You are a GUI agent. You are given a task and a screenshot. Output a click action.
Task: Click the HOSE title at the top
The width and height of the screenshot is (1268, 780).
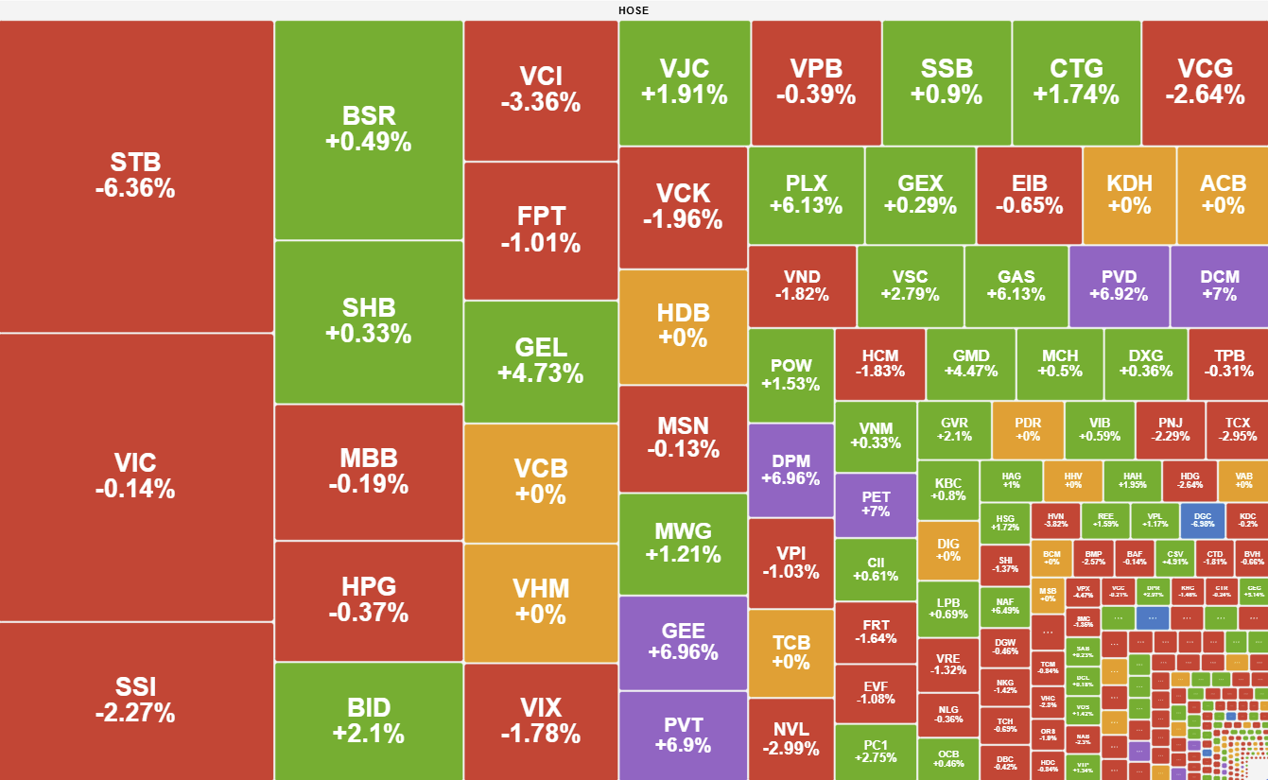(x=634, y=10)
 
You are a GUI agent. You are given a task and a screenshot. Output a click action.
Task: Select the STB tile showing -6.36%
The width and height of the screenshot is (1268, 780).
(x=135, y=176)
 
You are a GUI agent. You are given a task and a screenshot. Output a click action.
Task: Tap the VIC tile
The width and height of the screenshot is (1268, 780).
(x=135, y=476)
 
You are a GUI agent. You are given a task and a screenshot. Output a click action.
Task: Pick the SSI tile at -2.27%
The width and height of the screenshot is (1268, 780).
(x=135, y=700)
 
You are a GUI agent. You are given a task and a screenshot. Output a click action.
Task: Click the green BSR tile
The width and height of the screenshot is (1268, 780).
(x=369, y=130)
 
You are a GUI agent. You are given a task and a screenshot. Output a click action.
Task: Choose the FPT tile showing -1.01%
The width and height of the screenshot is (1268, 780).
(x=541, y=230)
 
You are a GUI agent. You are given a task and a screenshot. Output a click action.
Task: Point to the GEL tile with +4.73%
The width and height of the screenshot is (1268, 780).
(x=541, y=360)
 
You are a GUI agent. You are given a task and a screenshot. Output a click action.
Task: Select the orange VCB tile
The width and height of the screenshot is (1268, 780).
(x=541, y=481)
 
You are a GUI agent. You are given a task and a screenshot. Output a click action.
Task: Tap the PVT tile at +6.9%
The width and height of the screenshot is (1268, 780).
(x=683, y=735)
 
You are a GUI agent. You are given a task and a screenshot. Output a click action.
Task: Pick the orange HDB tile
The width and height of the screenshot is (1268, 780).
(x=683, y=326)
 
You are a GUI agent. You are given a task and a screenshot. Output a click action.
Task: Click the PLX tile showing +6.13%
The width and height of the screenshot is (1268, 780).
(x=806, y=195)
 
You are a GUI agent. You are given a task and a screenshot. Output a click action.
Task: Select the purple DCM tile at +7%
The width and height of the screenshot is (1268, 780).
(x=1220, y=286)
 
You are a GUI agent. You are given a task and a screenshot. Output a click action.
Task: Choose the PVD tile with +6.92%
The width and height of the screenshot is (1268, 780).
(x=1119, y=286)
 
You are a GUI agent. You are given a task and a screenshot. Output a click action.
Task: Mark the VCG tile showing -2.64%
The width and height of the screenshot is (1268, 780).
(x=1205, y=81)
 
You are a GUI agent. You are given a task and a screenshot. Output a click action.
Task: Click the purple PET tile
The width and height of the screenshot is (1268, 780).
(x=876, y=504)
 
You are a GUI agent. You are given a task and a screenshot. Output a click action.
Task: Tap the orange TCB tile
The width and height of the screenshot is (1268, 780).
(x=790, y=652)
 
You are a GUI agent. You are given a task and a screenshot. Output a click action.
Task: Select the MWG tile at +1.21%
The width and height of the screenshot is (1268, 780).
(x=683, y=543)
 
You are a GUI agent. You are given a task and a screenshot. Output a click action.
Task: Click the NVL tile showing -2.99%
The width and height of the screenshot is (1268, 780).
(x=790, y=738)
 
